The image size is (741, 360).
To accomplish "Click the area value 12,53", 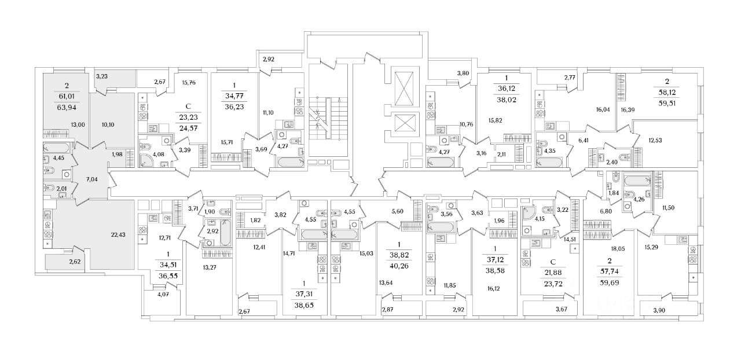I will point(655,139).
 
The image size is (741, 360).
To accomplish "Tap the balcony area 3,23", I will point(102,76).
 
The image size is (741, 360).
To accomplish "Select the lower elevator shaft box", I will point(403,122).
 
